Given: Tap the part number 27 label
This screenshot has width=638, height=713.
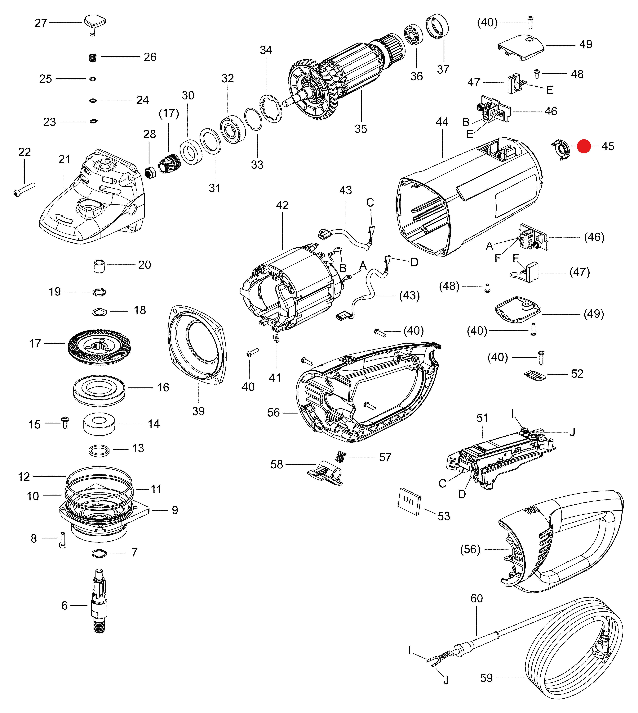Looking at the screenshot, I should click(41, 23).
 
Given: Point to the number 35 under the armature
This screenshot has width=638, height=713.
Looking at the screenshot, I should click(361, 129).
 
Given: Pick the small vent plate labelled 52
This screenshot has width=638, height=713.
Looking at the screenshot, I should click(535, 375).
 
